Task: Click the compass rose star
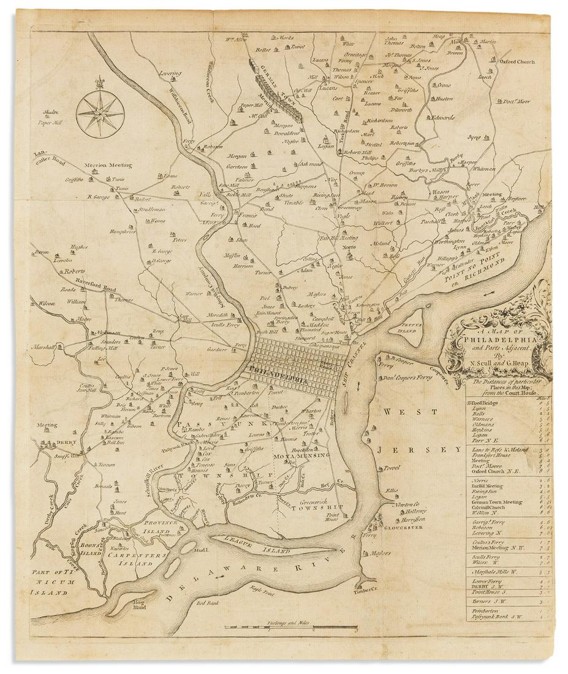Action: click(100, 112)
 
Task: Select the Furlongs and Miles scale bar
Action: click(290, 628)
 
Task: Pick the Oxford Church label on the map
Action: click(517, 62)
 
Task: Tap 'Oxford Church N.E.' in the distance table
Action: click(494, 472)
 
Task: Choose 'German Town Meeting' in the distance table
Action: click(496, 502)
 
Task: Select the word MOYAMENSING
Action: click(301, 455)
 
